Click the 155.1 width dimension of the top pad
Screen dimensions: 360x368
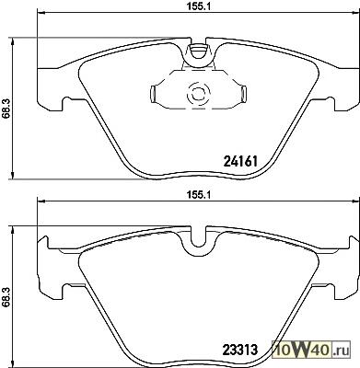click(198, 6)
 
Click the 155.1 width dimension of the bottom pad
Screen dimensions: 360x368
click(198, 195)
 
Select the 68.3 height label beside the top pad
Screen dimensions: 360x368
click(6, 107)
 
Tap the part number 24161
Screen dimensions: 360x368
click(240, 161)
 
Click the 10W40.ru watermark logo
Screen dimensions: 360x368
click(311, 349)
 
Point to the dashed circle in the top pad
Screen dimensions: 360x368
click(198, 94)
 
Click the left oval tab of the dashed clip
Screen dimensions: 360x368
click(152, 93)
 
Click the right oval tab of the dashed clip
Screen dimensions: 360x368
click(244, 93)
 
